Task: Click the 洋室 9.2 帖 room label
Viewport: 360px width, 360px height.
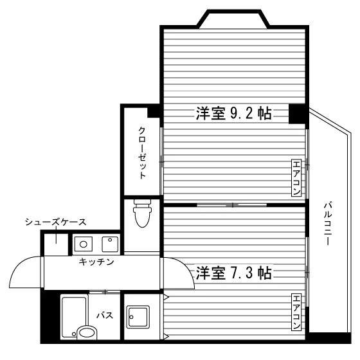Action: (x=234, y=113)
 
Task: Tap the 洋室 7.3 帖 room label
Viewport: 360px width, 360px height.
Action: (x=234, y=273)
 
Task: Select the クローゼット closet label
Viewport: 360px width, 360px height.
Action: (x=142, y=153)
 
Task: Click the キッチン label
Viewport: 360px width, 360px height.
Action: (x=96, y=262)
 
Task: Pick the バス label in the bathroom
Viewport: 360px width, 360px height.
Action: (x=105, y=316)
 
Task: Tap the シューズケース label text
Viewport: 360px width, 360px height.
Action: (x=56, y=222)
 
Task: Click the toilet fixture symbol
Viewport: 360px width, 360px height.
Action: (x=142, y=213)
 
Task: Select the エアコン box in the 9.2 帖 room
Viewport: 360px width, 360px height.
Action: (x=296, y=177)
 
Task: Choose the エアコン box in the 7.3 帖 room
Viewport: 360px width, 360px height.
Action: (x=296, y=312)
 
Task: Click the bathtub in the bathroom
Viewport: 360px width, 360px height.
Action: (x=74, y=317)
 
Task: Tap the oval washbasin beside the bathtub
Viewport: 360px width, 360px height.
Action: (x=87, y=332)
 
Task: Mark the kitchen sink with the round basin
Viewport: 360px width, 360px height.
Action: (x=84, y=244)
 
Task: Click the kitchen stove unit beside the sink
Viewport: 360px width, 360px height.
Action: (x=110, y=244)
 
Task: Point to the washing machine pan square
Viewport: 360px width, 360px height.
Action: (x=138, y=317)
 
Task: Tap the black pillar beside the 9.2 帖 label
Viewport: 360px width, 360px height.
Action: (x=297, y=114)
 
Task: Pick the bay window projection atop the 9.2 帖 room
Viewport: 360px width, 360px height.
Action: (x=233, y=19)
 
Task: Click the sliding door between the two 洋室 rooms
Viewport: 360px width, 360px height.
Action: (x=232, y=205)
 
